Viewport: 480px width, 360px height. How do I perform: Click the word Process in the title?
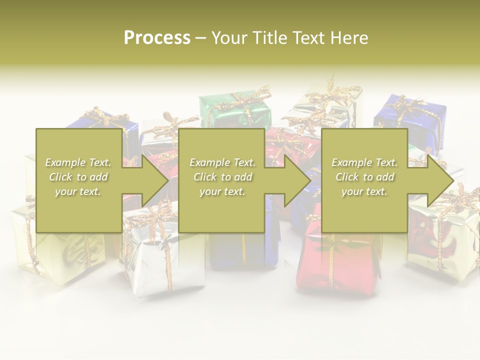tap(157, 37)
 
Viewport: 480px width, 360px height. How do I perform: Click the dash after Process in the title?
tap(201, 38)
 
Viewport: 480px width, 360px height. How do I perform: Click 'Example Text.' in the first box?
tap(78, 162)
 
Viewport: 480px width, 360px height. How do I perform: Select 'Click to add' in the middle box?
tap(222, 177)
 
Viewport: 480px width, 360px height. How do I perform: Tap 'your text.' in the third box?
tap(364, 191)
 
